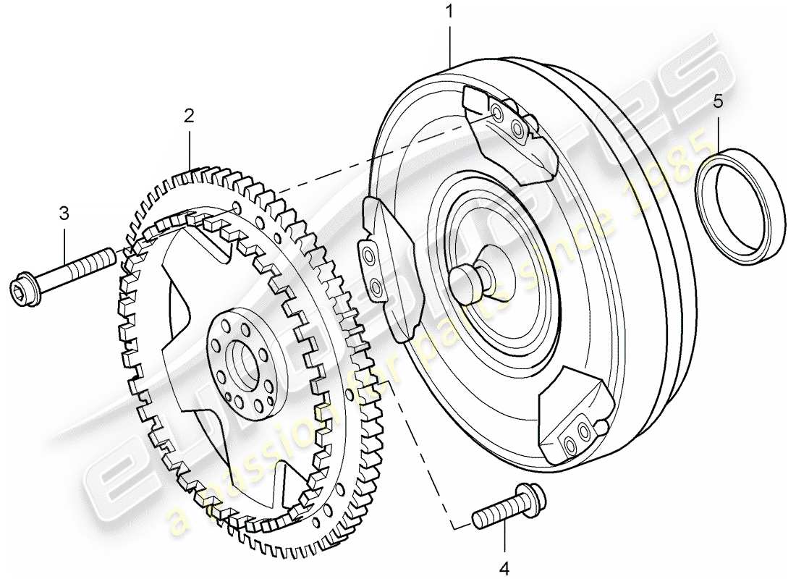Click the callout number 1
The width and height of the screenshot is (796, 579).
pyautogui.click(x=449, y=12)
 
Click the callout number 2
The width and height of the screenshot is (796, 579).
pyautogui.click(x=189, y=115)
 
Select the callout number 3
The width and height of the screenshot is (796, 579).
pyautogui.click(x=64, y=213)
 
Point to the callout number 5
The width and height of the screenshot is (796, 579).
pyautogui.click(x=718, y=101)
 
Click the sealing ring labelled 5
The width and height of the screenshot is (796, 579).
pyautogui.click(x=740, y=206)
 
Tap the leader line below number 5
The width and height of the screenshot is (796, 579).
pyautogui.click(x=718, y=130)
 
